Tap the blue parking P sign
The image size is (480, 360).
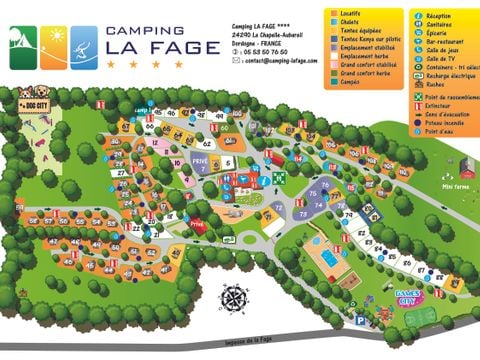(x=359, y=320)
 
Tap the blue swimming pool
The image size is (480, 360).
(x=327, y=257)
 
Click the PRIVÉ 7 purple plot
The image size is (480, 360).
(x=201, y=163)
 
